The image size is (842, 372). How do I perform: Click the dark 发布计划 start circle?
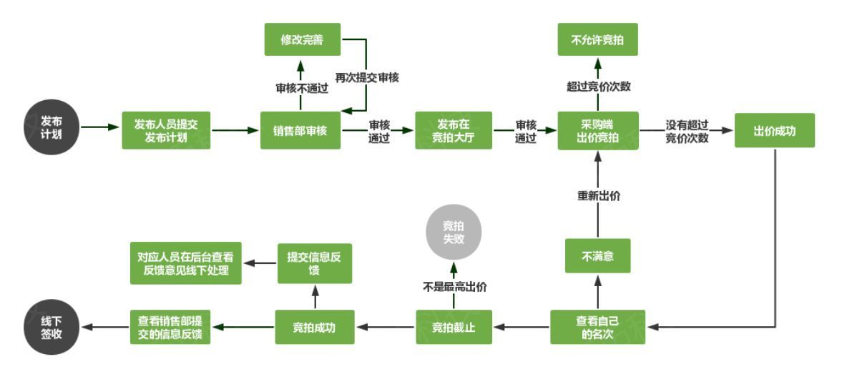[x=52, y=127]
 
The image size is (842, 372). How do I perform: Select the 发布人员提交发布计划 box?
[x=166, y=130]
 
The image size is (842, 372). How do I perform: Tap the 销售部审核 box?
[x=300, y=130]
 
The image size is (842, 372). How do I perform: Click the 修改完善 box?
[x=303, y=39]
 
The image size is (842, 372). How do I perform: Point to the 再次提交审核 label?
[x=367, y=77]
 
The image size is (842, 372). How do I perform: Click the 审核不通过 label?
[x=300, y=89]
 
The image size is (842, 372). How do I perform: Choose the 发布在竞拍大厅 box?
[x=454, y=130]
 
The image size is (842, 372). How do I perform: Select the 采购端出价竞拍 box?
[x=598, y=130]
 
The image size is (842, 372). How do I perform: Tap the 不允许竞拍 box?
[x=597, y=39]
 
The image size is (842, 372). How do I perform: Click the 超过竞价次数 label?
[x=598, y=87]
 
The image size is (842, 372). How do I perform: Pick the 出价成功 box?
[x=775, y=130]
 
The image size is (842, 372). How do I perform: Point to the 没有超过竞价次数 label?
[x=687, y=131]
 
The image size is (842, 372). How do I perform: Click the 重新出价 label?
[x=598, y=196]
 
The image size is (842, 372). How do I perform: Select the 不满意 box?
[x=597, y=256]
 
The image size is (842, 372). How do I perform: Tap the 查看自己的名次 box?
[x=597, y=327]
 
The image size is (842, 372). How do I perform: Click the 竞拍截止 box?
[x=454, y=327]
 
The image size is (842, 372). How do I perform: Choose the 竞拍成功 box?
[x=315, y=327]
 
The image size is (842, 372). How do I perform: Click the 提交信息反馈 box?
[x=315, y=263]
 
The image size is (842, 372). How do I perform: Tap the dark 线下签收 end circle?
[x=52, y=327]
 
